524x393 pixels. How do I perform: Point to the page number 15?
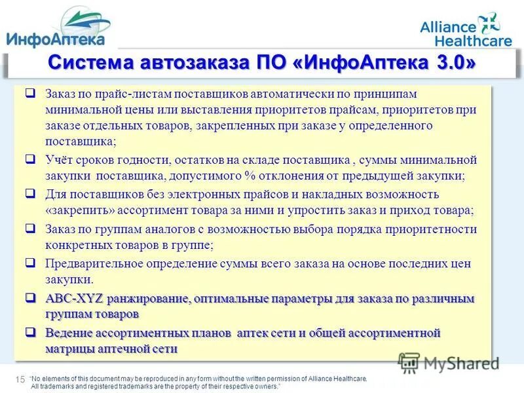(x=19, y=379)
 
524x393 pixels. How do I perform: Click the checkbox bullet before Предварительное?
(x=31, y=263)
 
